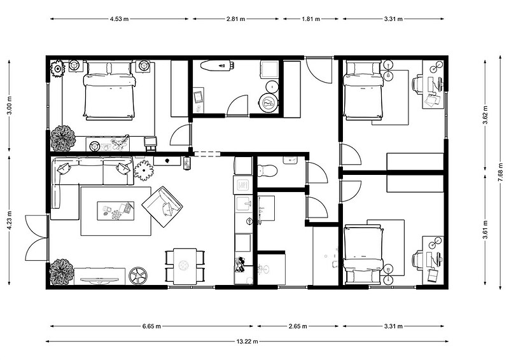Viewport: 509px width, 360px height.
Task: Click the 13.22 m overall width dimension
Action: [x=247, y=341]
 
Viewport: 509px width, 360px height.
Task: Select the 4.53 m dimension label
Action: [x=119, y=19]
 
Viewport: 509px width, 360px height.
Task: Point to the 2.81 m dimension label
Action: [x=235, y=19]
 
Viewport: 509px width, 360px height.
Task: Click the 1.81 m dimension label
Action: [x=311, y=19]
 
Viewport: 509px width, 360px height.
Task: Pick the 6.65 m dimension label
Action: [x=151, y=326]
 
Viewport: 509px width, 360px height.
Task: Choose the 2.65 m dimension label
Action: [x=298, y=326]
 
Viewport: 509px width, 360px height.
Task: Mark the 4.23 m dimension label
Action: [x=9, y=221]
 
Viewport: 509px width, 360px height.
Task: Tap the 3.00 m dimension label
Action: [x=9, y=105]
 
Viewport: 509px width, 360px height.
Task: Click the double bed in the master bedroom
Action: [x=109, y=90]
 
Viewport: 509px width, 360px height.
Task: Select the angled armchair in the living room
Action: [x=162, y=207]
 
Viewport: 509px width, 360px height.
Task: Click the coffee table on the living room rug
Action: [x=116, y=211]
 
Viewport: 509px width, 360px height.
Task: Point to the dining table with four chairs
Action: [x=185, y=267]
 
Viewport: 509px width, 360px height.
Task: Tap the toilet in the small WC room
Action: [x=267, y=170]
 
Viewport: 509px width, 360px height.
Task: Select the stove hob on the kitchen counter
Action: [x=242, y=185]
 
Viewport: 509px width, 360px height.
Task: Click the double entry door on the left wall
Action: [x=37, y=237]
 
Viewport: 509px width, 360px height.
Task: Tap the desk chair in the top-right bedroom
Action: [x=419, y=84]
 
